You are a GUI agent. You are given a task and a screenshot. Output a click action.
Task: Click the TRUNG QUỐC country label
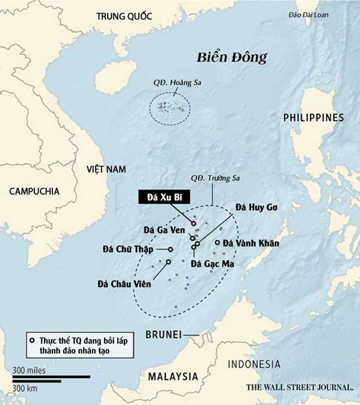[123, 16]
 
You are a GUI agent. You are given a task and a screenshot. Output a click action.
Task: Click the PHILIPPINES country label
[314, 117]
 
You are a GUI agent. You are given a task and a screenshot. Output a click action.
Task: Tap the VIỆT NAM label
[106, 170]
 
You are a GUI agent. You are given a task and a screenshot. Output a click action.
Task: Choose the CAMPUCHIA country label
[34, 191]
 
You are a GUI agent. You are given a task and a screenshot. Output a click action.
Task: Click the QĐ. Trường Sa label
[215, 178]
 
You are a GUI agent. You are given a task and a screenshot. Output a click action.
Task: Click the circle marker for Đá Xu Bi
[194, 223]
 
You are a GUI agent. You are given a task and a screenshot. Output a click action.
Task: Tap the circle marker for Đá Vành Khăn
[217, 243]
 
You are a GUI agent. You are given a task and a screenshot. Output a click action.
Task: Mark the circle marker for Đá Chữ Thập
[170, 249]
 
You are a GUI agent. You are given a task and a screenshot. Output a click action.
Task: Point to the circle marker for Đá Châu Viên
[168, 262]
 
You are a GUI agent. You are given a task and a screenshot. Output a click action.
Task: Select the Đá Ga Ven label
[164, 230]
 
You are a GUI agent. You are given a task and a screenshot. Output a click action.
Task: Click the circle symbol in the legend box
[33, 341]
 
